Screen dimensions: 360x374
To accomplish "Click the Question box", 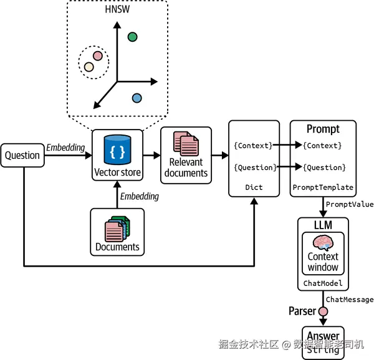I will click(23, 156).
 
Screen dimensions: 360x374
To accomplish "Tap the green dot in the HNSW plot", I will click(132, 37).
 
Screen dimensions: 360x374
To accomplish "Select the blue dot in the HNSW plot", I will click(137, 98).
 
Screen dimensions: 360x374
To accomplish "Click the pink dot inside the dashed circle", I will click(98, 55).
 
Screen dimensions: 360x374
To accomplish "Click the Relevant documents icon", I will click(186, 144).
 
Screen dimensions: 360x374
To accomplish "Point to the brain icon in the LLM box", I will click(323, 242).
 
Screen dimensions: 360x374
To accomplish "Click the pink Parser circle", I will click(323, 311).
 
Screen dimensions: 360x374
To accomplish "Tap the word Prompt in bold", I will click(323, 130).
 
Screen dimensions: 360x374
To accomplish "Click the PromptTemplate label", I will click(323, 187).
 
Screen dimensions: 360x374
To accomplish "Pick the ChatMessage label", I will click(350, 300).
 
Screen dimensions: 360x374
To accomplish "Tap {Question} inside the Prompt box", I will click(324, 167).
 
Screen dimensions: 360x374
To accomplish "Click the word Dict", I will click(254, 187).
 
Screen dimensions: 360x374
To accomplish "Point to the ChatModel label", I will click(323, 283).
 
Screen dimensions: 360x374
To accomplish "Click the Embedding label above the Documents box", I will click(140, 196).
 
